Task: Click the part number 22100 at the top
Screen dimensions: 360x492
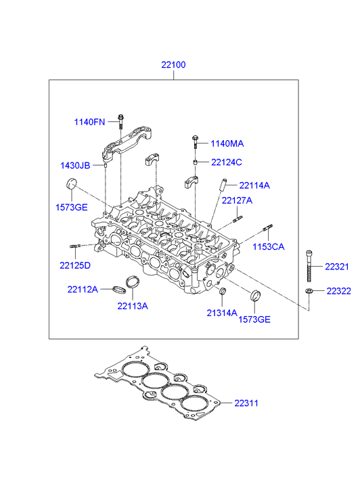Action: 173,65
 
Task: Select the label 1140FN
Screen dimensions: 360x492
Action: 89,122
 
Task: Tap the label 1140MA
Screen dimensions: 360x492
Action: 227,143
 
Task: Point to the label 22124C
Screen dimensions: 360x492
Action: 227,162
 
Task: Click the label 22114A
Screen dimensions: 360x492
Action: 254,185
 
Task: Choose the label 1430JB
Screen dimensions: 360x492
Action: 75,165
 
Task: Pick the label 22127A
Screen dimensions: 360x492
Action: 237,200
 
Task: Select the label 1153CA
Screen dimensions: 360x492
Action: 269,246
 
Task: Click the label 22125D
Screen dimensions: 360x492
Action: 75,265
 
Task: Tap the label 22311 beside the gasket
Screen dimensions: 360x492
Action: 246,403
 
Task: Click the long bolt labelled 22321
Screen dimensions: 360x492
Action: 309,266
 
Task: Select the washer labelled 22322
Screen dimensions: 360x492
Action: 309,291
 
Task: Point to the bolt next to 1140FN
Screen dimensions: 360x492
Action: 121,121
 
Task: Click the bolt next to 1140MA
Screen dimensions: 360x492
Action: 195,142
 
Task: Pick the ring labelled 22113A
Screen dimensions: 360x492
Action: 132,282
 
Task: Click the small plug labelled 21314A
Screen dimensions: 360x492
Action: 222,291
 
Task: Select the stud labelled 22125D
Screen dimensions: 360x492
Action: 75,246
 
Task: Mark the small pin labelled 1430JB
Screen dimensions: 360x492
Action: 106,165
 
